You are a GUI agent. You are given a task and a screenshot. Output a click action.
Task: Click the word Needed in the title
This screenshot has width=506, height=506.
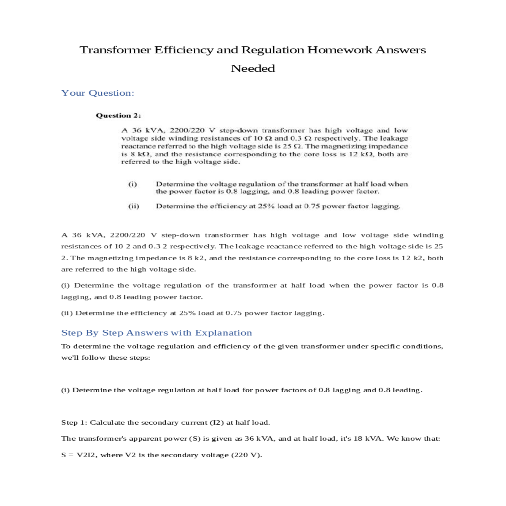click(x=253, y=68)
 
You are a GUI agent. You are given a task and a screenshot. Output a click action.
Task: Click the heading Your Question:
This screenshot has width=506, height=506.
click(x=98, y=93)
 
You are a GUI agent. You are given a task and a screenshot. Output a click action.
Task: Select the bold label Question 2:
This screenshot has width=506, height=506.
click(x=118, y=116)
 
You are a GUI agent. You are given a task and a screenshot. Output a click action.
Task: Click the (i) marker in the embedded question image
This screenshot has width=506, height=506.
click(x=132, y=184)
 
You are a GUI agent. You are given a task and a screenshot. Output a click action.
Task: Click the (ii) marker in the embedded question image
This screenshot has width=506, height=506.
click(x=134, y=206)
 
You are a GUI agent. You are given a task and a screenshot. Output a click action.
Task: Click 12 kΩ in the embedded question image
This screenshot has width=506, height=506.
click(x=361, y=154)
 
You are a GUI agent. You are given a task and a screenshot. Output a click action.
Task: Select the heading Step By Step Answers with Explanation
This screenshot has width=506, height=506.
click(x=156, y=333)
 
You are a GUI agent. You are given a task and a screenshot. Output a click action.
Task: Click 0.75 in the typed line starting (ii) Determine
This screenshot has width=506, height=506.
click(x=233, y=313)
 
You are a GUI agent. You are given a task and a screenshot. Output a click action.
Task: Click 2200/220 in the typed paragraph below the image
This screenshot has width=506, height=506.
click(x=127, y=235)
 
